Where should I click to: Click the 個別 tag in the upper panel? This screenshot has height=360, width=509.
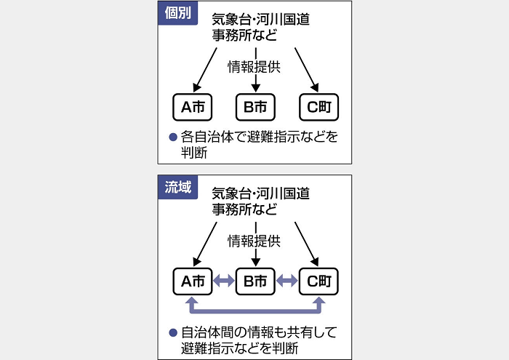(177, 13)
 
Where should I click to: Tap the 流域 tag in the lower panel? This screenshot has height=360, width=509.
(177, 188)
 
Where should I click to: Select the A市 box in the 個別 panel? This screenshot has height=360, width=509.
(193, 107)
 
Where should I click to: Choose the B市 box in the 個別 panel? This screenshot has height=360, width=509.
(255, 107)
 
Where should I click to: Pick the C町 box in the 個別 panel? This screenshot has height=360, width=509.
(318, 107)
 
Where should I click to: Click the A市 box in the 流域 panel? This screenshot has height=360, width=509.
(193, 281)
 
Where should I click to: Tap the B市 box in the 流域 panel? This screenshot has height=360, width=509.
(255, 281)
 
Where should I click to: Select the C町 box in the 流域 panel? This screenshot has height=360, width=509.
(318, 281)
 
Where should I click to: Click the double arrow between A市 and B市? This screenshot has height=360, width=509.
(224, 281)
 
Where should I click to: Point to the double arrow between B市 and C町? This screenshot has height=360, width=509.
(287, 281)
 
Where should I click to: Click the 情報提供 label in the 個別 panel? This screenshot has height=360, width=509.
(254, 67)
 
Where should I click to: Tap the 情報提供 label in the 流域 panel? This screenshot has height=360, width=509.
(254, 241)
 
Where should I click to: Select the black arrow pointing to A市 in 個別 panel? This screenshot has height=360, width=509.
(205, 70)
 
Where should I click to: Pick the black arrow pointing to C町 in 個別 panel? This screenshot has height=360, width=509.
(306, 70)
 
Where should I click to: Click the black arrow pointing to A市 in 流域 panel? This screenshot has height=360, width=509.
(205, 244)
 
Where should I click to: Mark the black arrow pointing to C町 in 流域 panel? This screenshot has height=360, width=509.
(306, 244)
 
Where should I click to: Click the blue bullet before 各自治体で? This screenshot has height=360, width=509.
(173, 137)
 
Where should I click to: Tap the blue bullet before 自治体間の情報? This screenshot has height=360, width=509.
(173, 332)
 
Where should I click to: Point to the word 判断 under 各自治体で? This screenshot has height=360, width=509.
(194, 153)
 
